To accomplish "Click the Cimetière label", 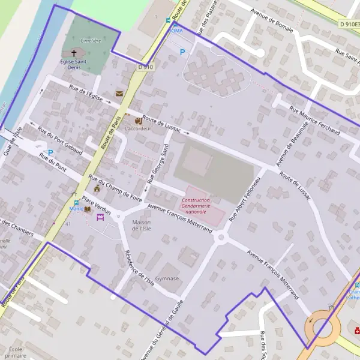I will pos(90,41).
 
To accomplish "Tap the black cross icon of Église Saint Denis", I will pos(74,53).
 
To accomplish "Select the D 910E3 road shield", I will pos(347,25).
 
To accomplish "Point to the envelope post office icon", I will pos(119,94).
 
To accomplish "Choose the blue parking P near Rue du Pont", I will pos(50,152).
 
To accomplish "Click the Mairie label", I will pos(76,209).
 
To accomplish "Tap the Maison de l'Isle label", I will pos(142,225).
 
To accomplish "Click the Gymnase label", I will pos(167,278).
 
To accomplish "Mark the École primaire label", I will pos(16,352).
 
